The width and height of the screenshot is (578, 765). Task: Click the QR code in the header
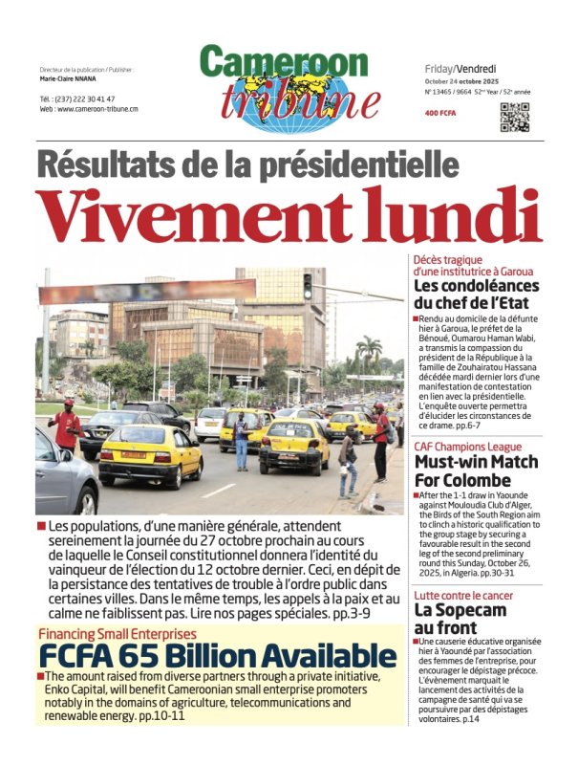pos(514,116)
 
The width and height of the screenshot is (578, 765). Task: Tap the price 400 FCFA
pos(441,114)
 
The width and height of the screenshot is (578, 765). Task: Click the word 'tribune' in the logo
pos(287,99)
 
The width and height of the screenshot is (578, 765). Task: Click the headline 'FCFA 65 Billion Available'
pos(217,656)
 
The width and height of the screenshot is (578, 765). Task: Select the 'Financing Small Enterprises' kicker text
pos(117,634)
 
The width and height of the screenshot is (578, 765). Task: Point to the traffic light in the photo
pos(307,285)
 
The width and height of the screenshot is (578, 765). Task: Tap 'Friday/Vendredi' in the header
pos(460,69)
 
